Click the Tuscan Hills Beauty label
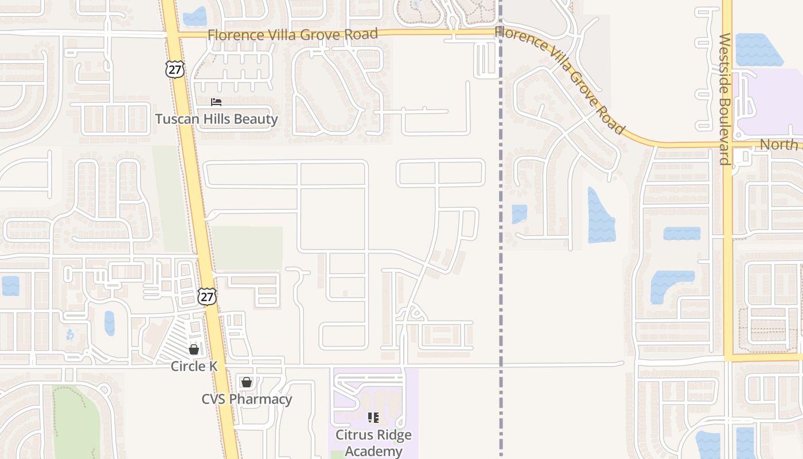coord(217,119)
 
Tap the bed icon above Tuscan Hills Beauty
coord(216,102)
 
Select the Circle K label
coord(194,366)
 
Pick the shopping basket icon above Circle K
coord(194,349)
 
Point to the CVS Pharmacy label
coord(247,399)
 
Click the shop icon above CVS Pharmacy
coord(247,382)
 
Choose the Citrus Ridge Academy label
coord(373,443)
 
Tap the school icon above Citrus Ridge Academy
coord(373,418)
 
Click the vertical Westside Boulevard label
coord(725,99)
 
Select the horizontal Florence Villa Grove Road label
coord(293,34)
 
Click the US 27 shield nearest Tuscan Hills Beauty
coord(174,69)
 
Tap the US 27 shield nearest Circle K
coord(207,296)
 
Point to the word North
coord(778,145)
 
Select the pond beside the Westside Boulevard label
coord(758,49)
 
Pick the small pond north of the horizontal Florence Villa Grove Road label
coord(195,16)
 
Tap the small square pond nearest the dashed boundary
coord(519,213)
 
